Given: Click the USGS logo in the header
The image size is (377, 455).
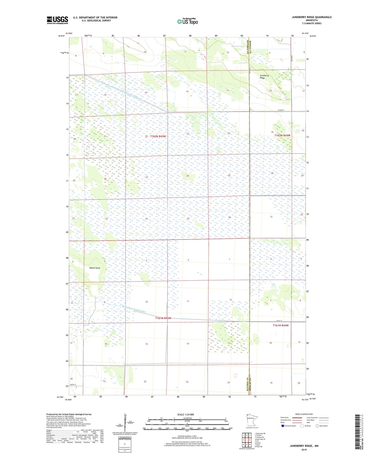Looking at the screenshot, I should pyautogui.click(x=57, y=20).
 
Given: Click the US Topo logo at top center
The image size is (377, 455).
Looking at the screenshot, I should pyautogui.click(x=187, y=21).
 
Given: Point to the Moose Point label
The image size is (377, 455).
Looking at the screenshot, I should pyautogui.click(x=95, y=268).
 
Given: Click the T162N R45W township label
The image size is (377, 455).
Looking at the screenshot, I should pyautogui.click(x=158, y=136).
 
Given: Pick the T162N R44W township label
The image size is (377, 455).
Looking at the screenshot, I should pyautogui.click(x=282, y=136).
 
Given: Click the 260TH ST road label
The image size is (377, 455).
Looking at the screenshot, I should pyautogui.click(x=279, y=321).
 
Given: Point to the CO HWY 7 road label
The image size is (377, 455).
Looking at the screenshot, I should pyautogui.click(x=280, y=110).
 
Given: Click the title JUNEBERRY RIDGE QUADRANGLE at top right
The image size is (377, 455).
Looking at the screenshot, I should pyautogui.click(x=312, y=17).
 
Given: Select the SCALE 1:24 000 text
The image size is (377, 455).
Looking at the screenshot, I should pyautogui.click(x=185, y=415).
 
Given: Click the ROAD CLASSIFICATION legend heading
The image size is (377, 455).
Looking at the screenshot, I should pyautogui.click(x=304, y=414).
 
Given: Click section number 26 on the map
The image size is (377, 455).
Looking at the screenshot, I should pyautogui.click(x=187, y=176).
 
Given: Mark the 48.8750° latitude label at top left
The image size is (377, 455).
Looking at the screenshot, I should pyautogui.click(x=61, y=36).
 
